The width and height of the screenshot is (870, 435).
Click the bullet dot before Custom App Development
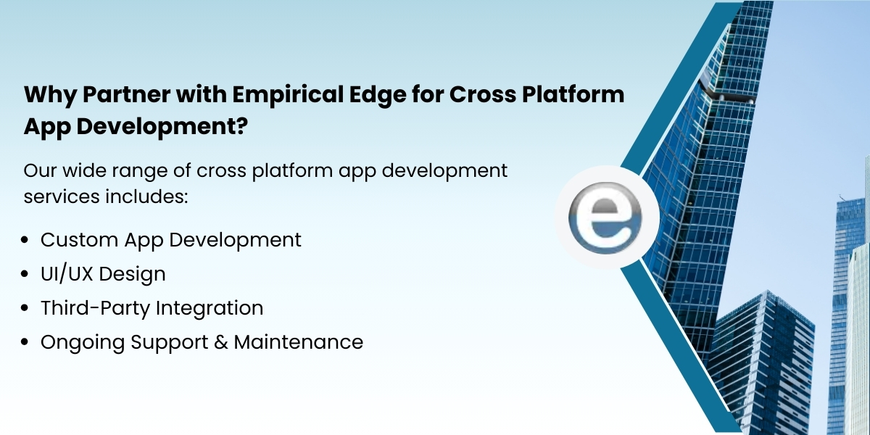[x=27, y=240]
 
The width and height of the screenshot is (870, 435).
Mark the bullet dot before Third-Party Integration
[x=27, y=308]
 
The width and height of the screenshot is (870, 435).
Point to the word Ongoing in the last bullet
[x=83, y=343]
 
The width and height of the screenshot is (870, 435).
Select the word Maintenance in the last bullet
[x=298, y=342]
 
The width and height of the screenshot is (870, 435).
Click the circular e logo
[x=607, y=217]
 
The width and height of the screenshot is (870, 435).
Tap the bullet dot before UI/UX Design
[x=27, y=274]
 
